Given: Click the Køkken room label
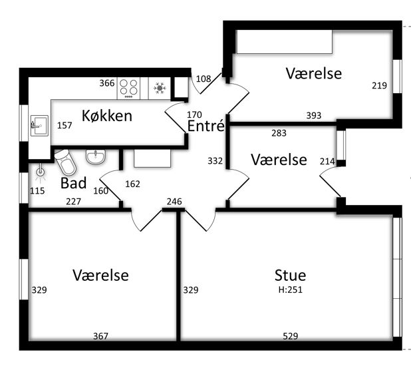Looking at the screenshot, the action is [x=107, y=116].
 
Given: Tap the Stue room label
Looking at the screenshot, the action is [x=290, y=276].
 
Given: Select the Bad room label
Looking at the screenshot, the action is [x=73, y=183].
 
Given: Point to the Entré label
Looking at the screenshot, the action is [x=206, y=126].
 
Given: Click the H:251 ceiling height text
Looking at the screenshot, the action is [x=290, y=289].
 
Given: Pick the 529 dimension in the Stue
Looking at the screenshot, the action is [x=291, y=336].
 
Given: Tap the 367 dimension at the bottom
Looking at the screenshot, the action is [x=100, y=336].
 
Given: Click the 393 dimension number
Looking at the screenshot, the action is [x=314, y=115].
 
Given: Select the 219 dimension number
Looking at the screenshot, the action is [x=379, y=85].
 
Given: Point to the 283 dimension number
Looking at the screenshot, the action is [x=279, y=133].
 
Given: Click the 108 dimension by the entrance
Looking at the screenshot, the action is [x=204, y=79].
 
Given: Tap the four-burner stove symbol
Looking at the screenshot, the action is [x=128, y=88].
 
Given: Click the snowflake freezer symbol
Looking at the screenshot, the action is [x=160, y=88].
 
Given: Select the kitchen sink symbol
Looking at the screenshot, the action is [x=39, y=126].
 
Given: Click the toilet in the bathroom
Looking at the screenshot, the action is [x=65, y=162].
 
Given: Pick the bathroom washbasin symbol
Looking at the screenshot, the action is [x=96, y=157].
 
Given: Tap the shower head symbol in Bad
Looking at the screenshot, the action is [x=41, y=172].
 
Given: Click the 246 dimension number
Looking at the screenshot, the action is [x=174, y=202].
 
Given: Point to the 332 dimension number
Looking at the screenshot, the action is [x=215, y=161].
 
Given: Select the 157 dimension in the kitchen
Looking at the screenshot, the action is [x=65, y=126].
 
